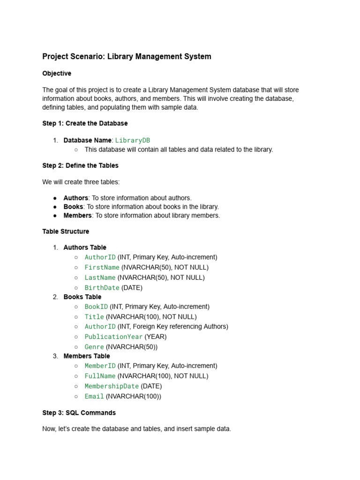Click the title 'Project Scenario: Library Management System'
click(127, 57)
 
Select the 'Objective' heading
click(57, 74)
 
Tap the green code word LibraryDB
click(133, 140)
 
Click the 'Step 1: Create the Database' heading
click(85, 123)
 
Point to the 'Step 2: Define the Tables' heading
click(80, 165)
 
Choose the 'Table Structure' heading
click(66, 232)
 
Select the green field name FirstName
click(102, 267)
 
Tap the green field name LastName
click(100, 277)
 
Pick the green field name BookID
click(96, 307)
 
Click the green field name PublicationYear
click(113, 337)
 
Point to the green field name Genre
click(94, 347)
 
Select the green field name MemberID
click(100, 366)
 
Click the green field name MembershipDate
click(112, 386)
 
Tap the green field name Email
click(94, 397)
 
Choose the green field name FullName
click(100, 376)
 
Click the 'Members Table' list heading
click(87, 356)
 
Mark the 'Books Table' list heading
click(82, 297)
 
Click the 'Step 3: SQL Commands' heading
click(79, 413)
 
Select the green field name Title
click(94, 317)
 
